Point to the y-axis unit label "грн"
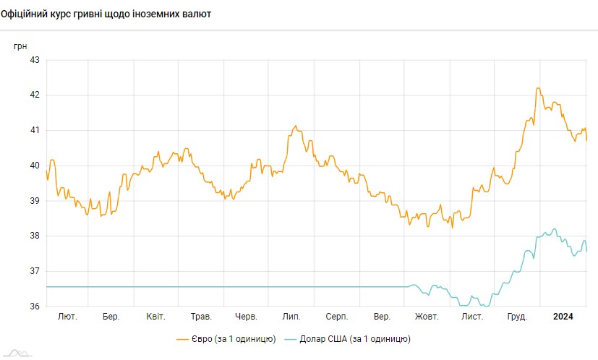coord(21,46)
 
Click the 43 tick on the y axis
coord(34,60)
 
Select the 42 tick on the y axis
coord(34,95)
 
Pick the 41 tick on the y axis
coord(34,130)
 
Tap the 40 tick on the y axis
coord(34,166)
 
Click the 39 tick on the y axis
coord(34,201)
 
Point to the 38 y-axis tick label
coord(34,236)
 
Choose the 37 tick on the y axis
coord(34,271)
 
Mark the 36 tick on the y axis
coord(34,307)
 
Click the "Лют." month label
coord(67,317)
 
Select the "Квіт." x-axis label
coord(155,317)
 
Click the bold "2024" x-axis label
coord(563,317)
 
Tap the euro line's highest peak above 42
coord(538,88)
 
